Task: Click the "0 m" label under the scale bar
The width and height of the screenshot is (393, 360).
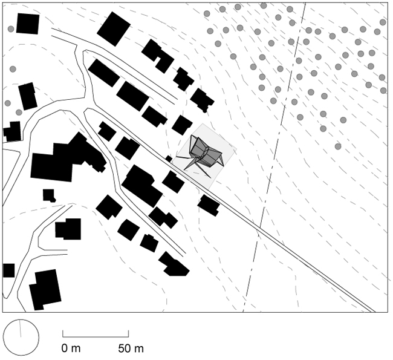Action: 71,349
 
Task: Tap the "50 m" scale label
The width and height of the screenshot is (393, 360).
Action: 131,349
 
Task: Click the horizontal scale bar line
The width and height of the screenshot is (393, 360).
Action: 96,336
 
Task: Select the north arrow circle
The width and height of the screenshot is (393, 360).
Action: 21,338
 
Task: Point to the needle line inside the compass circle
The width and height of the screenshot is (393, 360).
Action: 21,329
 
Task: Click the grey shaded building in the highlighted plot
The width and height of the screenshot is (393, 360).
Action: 204,154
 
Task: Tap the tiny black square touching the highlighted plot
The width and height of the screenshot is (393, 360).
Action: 169,159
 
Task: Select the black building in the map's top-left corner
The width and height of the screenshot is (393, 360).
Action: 28,24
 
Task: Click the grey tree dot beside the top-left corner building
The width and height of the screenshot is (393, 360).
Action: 11,29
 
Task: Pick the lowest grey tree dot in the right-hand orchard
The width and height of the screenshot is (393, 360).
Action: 338,146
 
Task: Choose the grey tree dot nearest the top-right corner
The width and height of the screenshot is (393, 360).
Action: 383,22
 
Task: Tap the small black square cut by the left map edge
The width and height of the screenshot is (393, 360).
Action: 9,270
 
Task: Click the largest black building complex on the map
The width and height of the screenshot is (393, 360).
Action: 68,158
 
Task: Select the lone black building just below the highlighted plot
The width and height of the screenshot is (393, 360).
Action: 209,206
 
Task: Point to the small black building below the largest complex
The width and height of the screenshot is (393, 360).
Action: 49,195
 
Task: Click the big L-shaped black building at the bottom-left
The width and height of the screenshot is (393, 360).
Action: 45,290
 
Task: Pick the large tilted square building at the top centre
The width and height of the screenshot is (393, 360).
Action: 114,29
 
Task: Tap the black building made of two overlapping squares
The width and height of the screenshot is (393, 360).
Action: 68,229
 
